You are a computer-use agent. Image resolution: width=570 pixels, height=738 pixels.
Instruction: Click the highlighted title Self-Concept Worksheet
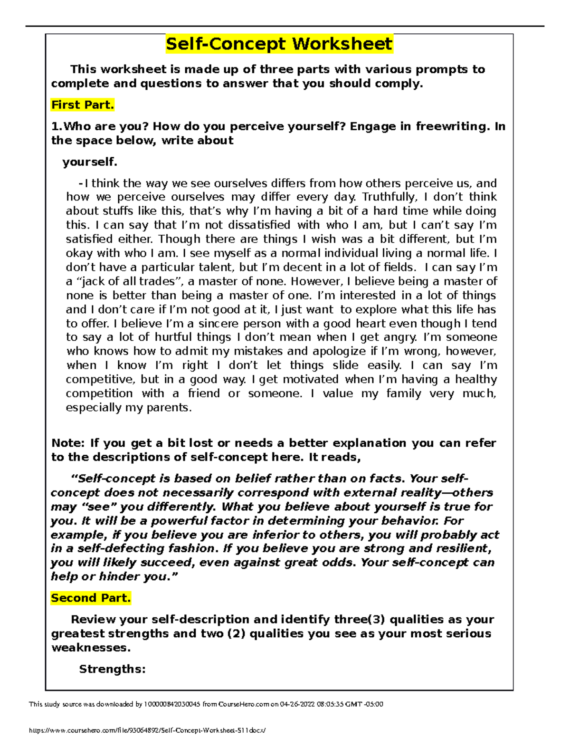coord(279,44)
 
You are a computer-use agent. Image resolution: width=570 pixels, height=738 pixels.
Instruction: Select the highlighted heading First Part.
coord(83,105)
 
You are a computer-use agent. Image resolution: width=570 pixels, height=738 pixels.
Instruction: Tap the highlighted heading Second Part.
coord(91,598)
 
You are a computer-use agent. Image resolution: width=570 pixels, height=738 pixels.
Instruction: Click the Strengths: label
coord(112,669)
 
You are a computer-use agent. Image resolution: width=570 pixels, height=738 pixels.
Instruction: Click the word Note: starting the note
coord(68,443)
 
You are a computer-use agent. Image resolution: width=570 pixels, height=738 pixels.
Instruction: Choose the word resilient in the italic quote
coord(456,548)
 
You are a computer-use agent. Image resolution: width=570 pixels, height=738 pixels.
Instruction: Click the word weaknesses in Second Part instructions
coord(90,648)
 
